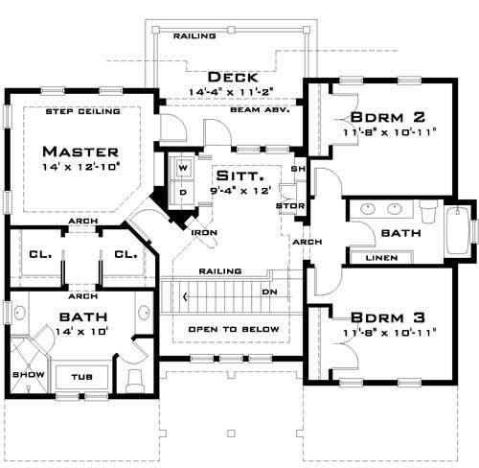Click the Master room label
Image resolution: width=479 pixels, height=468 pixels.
(x=80, y=152)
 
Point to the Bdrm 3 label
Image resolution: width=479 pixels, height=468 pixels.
(x=382, y=317)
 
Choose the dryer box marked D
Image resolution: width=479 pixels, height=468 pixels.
(x=183, y=191)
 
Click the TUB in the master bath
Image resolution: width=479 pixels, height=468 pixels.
(x=81, y=376)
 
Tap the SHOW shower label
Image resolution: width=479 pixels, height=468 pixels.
(x=22, y=374)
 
